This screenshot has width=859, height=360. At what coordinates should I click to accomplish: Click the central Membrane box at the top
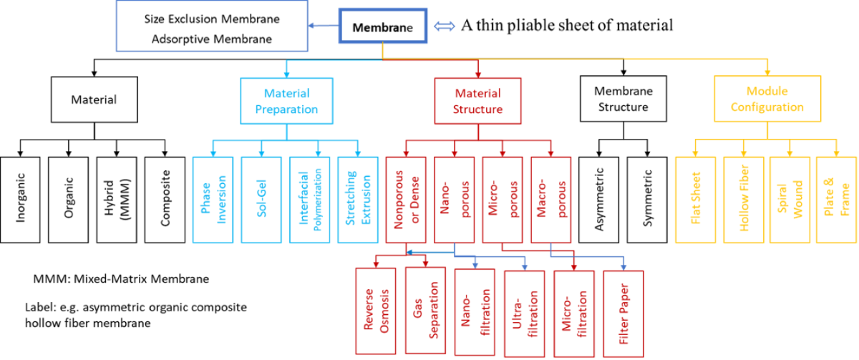382,28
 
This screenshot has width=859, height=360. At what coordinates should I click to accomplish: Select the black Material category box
93,100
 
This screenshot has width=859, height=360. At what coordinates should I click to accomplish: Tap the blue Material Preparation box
286,101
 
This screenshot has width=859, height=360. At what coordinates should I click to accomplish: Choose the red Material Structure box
477,101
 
